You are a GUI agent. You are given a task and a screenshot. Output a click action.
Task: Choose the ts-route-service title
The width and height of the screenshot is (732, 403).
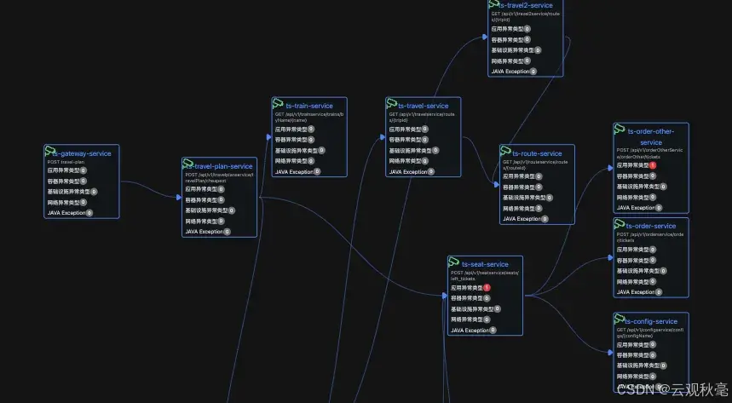[x=537, y=153]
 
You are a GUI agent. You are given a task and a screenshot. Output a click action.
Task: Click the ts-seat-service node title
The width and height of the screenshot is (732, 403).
[x=485, y=264]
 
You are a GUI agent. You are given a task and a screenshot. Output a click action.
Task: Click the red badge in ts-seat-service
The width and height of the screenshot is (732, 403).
[x=487, y=287]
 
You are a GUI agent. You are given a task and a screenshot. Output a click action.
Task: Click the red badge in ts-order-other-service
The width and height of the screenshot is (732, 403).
[x=653, y=165]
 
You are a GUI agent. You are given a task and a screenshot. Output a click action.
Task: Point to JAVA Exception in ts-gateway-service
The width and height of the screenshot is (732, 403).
[x=67, y=212]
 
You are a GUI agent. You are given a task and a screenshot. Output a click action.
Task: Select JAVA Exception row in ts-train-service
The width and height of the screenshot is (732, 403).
[x=293, y=171]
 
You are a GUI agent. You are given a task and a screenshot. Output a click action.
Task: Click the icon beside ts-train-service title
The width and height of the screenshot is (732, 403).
[x=278, y=104]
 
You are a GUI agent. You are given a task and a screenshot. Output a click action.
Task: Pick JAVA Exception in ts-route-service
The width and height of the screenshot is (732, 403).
[x=522, y=218]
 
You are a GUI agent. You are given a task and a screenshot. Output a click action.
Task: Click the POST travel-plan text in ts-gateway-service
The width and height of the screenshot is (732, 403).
[x=66, y=162]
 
